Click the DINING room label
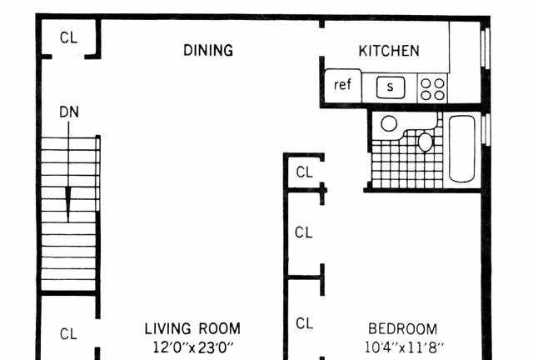208,50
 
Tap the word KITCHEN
389,51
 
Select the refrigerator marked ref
343,85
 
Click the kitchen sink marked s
391,87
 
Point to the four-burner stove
432,89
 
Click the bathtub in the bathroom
461,148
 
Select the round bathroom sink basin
389,123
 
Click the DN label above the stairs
69,112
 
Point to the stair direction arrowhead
68,204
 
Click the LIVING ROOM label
192,329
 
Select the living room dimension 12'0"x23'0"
193,347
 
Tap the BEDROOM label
403,329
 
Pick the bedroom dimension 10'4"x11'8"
404,347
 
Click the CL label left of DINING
68,37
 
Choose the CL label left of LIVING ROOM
68,334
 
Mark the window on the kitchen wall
486,47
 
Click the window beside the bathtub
486,130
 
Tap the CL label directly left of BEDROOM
304,323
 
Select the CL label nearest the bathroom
304,172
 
